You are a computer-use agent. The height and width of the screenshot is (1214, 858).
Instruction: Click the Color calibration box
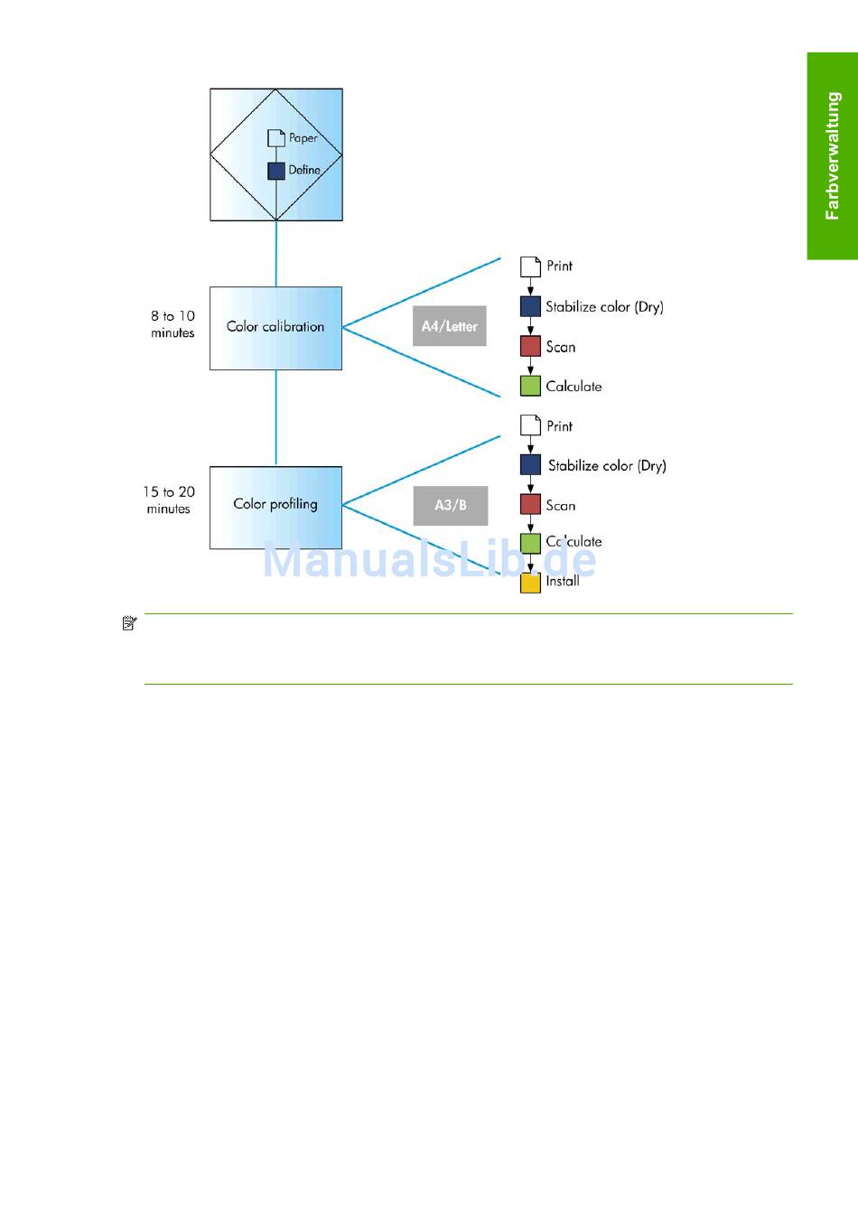point(275,328)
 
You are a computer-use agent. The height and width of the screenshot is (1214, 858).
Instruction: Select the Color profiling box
point(275,507)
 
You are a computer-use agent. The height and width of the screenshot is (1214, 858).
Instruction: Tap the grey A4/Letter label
point(450,326)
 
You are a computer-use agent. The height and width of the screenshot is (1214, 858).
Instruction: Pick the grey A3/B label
point(451,506)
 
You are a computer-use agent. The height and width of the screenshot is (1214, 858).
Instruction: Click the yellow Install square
point(530,583)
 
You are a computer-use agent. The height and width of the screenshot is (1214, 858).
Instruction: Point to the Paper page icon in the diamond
point(276,138)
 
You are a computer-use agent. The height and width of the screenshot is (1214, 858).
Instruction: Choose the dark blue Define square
point(276,171)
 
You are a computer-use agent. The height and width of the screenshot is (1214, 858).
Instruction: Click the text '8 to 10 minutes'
point(173,324)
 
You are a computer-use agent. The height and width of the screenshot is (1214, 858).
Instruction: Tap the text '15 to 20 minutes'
point(169,500)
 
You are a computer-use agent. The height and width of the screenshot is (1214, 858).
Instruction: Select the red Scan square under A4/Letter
point(530,346)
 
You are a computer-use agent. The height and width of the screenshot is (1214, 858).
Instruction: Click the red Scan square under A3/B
point(530,505)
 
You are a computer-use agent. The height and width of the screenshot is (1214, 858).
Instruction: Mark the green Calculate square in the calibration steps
point(530,386)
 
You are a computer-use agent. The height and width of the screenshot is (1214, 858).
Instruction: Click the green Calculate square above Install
point(530,543)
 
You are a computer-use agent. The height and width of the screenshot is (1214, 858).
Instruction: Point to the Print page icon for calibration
point(530,266)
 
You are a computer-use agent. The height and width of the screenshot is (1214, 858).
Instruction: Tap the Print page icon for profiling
point(530,425)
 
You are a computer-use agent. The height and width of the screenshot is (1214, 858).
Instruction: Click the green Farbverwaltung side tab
point(832,156)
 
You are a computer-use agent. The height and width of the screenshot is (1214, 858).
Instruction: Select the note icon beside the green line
point(129,623)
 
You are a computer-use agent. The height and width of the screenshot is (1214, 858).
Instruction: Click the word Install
point(563,581)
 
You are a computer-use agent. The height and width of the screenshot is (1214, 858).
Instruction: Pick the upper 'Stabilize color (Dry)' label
point(604,307)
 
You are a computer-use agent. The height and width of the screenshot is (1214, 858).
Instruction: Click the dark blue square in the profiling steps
point(530,465)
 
